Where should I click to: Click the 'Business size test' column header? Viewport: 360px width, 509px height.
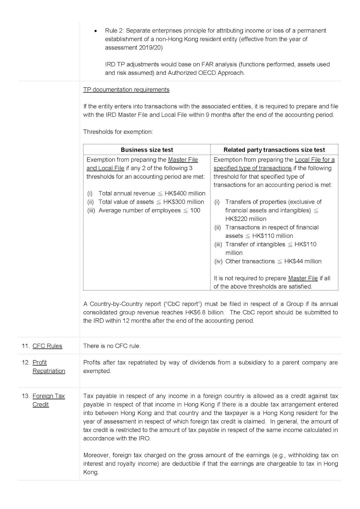point(147,150)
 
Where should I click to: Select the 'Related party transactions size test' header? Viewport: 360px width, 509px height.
point(274,150)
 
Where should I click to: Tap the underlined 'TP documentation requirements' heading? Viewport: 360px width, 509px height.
point(126,90)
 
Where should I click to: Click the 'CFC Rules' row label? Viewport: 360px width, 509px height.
point(47,346)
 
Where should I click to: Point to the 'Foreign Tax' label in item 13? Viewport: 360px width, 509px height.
point(49,396)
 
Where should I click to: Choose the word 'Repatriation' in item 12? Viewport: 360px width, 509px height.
point(49,371)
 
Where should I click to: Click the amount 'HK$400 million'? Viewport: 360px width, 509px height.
point(185,193)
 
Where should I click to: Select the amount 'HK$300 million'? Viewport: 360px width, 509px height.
point(184,202)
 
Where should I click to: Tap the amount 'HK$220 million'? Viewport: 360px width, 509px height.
point(246,219)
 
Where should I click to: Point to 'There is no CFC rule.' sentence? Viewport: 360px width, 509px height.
point(112,346)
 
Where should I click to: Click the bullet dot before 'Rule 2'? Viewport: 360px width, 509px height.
point(95,31)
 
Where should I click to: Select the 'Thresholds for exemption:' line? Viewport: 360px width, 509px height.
point(118,132)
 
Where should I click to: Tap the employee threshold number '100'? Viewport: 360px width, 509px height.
point(195,210)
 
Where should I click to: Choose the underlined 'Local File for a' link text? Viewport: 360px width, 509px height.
point(315,160)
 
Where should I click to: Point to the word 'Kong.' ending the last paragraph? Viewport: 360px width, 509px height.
point(91,472)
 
